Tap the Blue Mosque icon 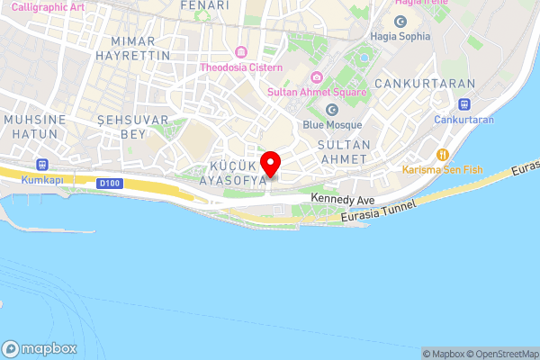(x=332, y=110)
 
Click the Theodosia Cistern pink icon (x=240, y=51)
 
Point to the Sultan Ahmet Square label (x=316, y=92)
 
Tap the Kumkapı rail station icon (x=40, y=165)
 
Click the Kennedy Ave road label (x=341, y=198)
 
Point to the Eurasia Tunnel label (x=379, y=211)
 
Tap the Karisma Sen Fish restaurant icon (x=442, y=154)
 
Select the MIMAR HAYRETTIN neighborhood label (x=139, y=49)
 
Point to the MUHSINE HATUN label (x=36, y=126)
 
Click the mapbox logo (x=40, y=348)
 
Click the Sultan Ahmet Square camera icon (x=314, y=76)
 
